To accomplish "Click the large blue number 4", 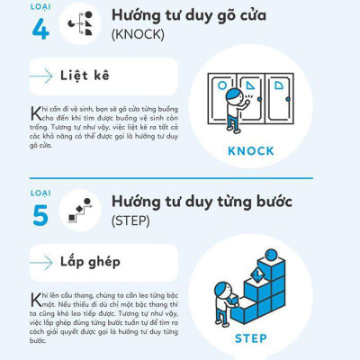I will pyautogui.click(x=40, y=28).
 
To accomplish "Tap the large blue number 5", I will pyautogui.click(x=40, y=214).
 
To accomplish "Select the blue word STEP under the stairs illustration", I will pyautogui.click(x=250, y=338).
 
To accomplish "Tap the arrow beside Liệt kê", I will pyautogui.click(x=41, y=76).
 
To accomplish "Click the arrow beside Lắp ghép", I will pyautogui.click(x=41, y=263).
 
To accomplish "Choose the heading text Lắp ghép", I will pyautogui.click(x=90, y=262).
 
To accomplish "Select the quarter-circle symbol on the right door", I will pyautogui.click(x=281, y=85).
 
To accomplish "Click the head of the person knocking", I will pyautogui.click(x=234, y=94).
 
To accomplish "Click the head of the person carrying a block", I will pyautogui.click(x=220, y=291).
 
